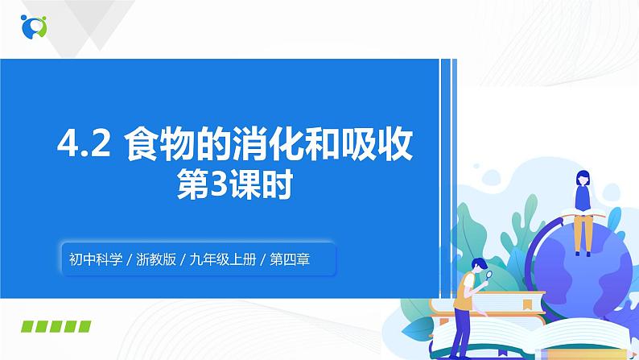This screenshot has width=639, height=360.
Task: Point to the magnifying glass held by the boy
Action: tap(489, 279)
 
